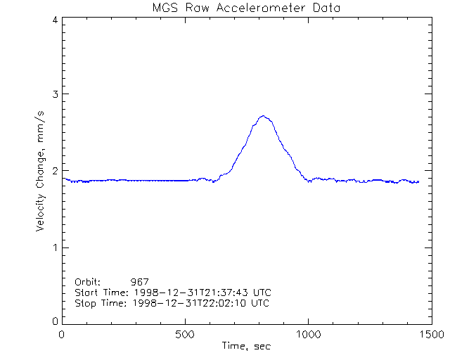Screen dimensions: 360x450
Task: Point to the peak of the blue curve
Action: click(262, 116)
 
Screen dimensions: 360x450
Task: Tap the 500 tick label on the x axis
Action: click(186, 334)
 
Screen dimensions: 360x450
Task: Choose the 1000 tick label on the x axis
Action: click(309, 334)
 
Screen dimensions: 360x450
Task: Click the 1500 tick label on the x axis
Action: click(432, 334)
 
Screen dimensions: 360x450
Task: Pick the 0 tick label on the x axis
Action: click(63, 334)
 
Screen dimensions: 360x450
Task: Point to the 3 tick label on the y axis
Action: click(54, 94)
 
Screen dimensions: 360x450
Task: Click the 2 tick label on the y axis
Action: click(54, 171)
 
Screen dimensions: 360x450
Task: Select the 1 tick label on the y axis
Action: click(54, 247)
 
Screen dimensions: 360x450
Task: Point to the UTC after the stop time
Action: click(261, 303)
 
